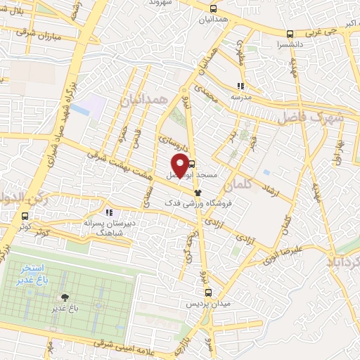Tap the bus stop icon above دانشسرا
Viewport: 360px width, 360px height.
(290, 34)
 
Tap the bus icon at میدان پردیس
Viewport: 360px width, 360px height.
(208, 292)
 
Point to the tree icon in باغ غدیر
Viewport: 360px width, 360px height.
(65, 297)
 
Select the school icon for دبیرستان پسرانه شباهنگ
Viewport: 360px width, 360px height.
(108, 212)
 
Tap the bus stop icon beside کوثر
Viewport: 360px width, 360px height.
(25, 216)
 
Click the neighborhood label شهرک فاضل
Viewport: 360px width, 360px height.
(309, 117)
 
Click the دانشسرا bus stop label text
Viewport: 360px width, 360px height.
(290, 44)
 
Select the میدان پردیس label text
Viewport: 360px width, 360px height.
(208, 304)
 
